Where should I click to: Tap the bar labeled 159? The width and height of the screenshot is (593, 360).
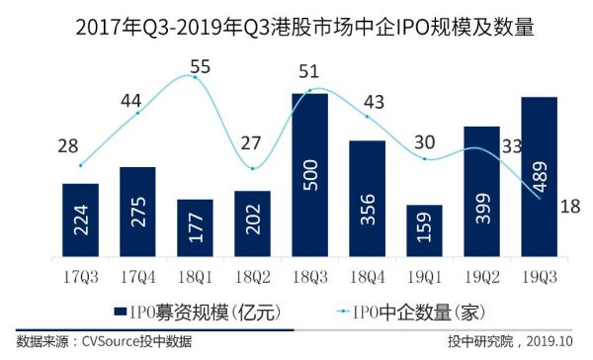(425, 231)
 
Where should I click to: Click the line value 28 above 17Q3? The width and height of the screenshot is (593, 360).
(68, 146)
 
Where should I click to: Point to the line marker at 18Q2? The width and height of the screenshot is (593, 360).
(253, 168)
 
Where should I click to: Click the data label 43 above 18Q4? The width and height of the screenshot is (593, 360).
(376, 101)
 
